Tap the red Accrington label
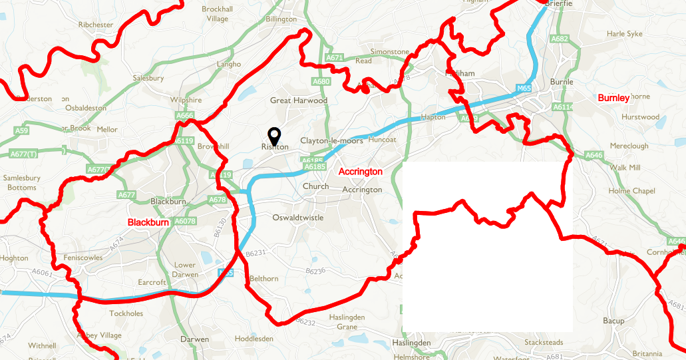[x=361, y=172]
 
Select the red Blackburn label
[x=150, y=222]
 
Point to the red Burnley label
[x=613, y=98]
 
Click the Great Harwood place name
[x=299, y=100]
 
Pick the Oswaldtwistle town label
[x=298, y=218]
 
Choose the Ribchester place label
[x=96, y=25]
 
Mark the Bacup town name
[x=613, y=321]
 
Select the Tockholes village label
[x=126, y=313]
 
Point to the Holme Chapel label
[x=632, y=191]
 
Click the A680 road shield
[x=321, y=82]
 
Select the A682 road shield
[x=560, y=39]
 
